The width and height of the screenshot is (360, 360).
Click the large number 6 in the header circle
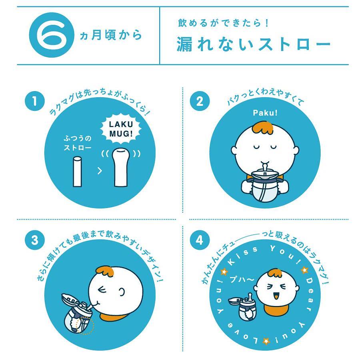(52, 35)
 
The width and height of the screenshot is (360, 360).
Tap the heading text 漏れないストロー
(254, 44)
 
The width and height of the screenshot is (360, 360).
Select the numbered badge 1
(35, 101)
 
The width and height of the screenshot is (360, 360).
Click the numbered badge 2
(200, 101)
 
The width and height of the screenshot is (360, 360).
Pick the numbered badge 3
(35, 240)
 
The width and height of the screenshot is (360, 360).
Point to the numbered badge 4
(200, 240)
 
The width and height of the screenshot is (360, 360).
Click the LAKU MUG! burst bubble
(121, 129)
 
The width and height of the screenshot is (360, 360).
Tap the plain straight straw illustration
(77, 172)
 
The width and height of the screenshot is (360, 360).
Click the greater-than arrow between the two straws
(100, 170)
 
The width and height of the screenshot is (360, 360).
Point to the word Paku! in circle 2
(265, 113)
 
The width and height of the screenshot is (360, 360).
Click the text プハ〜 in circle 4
(242, 279)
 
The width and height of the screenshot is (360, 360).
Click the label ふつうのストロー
(78, 143)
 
